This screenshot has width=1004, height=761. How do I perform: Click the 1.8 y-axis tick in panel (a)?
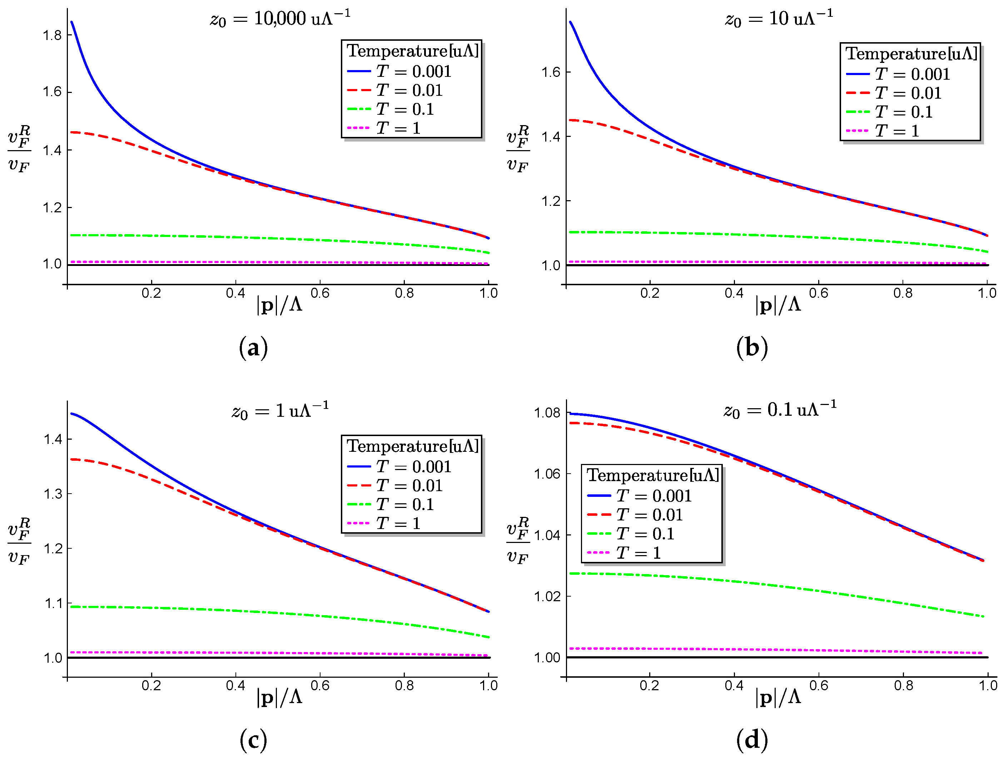pos(52,35)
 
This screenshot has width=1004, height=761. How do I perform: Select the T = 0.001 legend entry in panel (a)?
pos(399,71)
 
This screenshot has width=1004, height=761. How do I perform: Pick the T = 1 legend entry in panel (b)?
pos(883,131)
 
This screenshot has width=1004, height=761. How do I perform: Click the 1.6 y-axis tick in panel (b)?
pos(551,72)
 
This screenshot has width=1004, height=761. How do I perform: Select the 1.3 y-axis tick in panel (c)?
pos(53,494)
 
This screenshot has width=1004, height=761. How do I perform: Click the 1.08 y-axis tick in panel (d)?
pos(547,413)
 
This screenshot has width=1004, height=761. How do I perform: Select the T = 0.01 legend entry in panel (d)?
pos(635,514)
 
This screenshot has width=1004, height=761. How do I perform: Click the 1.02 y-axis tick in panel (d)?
pos(547,596)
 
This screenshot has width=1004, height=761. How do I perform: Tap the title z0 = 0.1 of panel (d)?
pos(780,410)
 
